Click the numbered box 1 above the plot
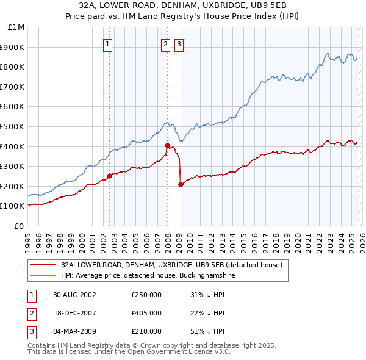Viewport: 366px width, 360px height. click(108, 43)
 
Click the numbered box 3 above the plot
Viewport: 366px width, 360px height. click(179, 43)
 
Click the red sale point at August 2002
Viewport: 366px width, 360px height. click(110, 176)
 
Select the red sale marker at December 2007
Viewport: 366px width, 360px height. click(167, 145)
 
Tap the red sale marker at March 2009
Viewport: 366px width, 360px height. click(181, 184)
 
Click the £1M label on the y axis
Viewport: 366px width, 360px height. click(16, 27)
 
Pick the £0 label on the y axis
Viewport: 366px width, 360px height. click(20, 226)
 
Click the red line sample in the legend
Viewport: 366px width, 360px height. click(43, 265)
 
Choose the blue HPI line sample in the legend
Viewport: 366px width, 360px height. click(43, 276)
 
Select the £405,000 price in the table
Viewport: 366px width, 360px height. click(146, 314)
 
